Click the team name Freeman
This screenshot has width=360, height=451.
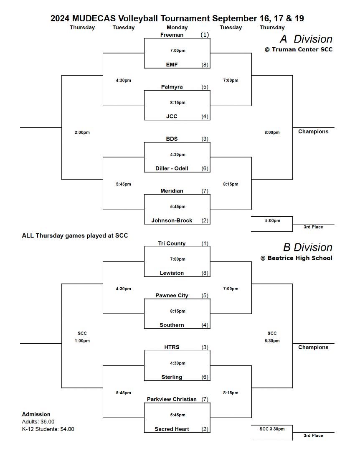(172, 35)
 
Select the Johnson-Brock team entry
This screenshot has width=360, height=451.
(172, 220)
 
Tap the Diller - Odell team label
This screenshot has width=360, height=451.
(172, 169)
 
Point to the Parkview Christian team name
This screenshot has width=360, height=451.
(172, 399)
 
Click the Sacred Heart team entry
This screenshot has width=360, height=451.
(172, 429)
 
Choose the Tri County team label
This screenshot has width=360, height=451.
(172, 243)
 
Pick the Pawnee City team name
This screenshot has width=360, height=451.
(172, 296)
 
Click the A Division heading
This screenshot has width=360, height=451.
(306, 39)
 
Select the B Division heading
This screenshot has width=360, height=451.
(308, 247)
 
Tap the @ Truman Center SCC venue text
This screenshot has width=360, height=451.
(298, 50)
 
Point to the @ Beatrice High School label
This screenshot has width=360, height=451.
(297, 258)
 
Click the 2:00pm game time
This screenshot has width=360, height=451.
(82, 132)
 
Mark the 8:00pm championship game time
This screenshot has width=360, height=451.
(272, 132)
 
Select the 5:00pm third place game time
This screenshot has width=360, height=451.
(272, 220)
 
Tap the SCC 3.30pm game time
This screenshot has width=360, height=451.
(272, 429)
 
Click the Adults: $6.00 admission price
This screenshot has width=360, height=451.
(38, 422)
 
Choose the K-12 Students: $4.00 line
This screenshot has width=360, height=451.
(48, 429)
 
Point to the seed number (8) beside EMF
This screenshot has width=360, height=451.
(205, 65)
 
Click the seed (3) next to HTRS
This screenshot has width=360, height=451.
(205, 347)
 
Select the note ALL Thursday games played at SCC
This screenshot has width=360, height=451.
(75, 236)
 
